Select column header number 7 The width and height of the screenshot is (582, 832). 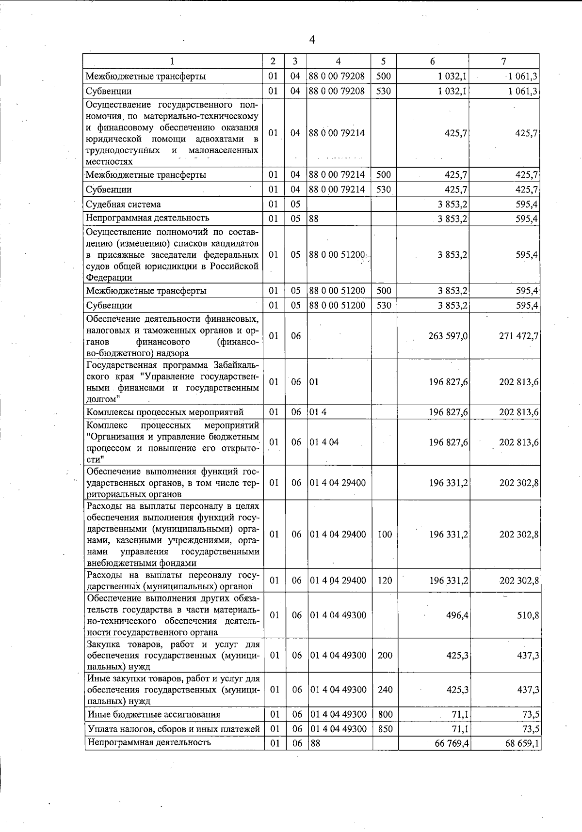[x=504, y=61]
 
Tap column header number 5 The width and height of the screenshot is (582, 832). [x=383, y=61]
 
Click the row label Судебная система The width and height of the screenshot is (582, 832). [x=123, y=204]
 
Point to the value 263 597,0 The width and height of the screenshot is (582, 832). [x=448, y=336]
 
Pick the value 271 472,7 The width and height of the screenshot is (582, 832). [x=518, y=336]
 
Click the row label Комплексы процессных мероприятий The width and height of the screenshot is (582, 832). [x=165, y=412]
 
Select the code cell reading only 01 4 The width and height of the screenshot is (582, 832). [x=315, y=412]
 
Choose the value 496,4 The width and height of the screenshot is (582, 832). [x=457, y=615]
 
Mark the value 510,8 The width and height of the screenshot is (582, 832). [x=528, y=615]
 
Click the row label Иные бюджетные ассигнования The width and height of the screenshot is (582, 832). [x=154, y=714]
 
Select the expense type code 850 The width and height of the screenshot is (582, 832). [x=385, y=729]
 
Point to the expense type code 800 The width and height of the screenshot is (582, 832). [x=385, y=714]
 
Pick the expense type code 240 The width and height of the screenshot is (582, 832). [x=385, y=690]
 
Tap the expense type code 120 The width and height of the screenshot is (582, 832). [x=385, y=581]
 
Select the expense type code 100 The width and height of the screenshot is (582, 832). [x=385, y=534]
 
